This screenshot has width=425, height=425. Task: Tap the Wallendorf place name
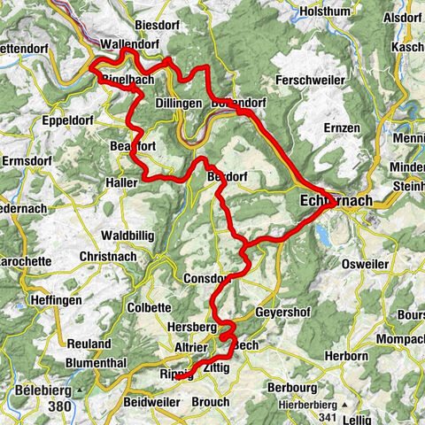(130, 43)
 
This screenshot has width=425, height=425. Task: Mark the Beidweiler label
(153, 401)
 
